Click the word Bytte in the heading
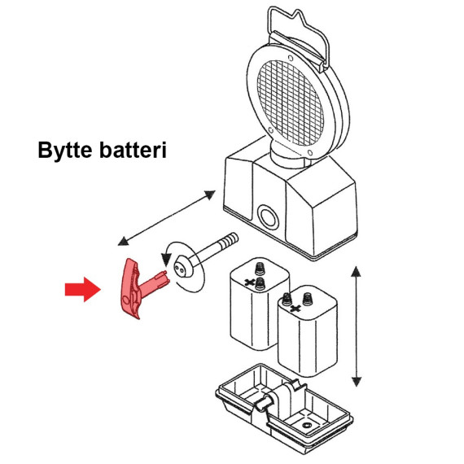click(x=65, y=151)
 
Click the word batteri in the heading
click(x=133, y=150)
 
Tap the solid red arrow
click(x=83, y=289)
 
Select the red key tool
click(x=139, y=288)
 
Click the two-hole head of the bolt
click(x=183, y=268)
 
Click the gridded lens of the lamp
click(x=291, y=103)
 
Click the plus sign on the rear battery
click(x=250, y=282)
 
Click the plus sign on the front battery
click(x=295, y=309)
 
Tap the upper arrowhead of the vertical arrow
click(x=356, y=271)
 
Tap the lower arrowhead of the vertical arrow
click(x=357, y=382)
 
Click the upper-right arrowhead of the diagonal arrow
click(x=209, y=195)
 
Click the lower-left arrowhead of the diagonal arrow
click(x=124, y=241)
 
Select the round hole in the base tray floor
click(x=306, y=426)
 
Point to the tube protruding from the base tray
click(x=263, y=403)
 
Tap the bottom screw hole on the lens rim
click(x=310, y=153)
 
